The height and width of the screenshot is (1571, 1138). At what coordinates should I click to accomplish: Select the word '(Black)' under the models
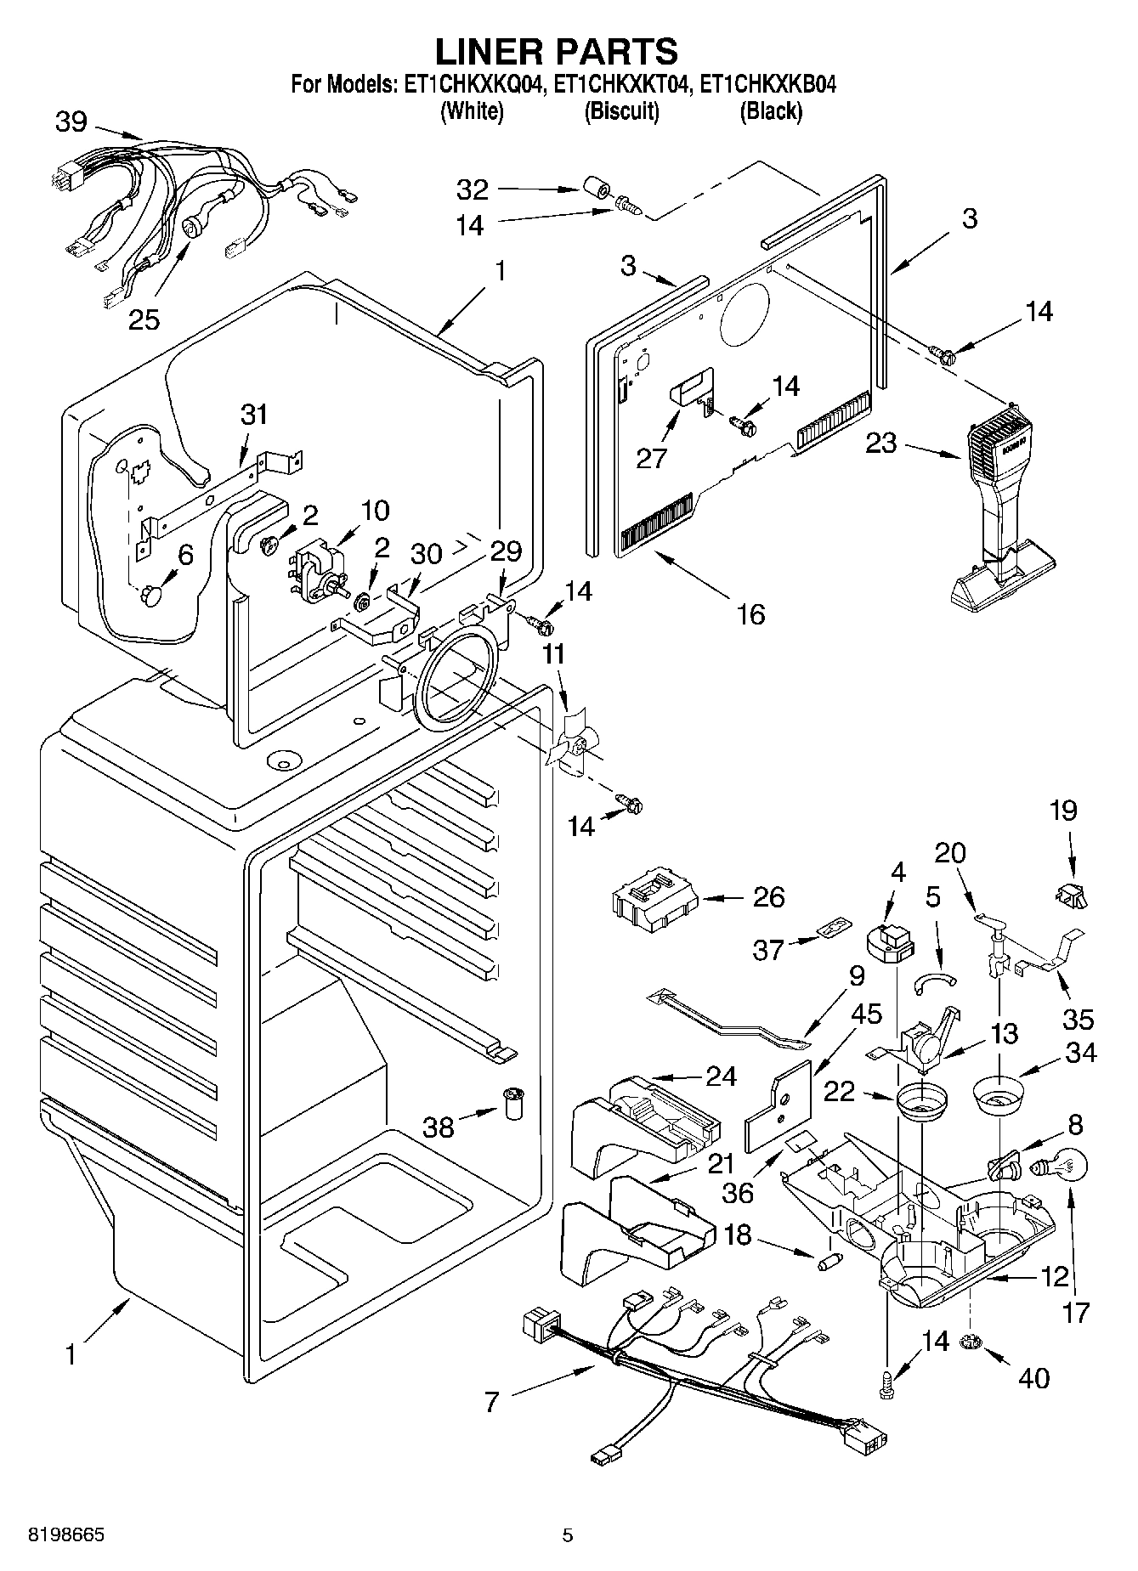(x=771, y=110)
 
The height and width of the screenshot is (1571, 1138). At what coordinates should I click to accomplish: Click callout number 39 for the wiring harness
(x=71, y=122)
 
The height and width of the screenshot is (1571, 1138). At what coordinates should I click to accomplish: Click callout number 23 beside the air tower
(x=881, y=443)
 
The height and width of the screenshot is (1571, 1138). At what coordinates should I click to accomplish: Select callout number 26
(x=768, y=897)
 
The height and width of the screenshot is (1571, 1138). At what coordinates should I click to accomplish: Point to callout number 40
(x=1033, y=1376)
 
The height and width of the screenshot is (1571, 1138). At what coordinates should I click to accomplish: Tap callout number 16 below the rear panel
(x=750, y=613)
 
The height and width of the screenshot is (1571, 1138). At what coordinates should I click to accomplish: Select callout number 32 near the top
(x=473, y=189)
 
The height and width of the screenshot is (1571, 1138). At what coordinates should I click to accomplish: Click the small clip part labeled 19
(x=1071, y=894)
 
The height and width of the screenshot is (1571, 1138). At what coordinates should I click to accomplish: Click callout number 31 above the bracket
(x=253, y=415)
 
